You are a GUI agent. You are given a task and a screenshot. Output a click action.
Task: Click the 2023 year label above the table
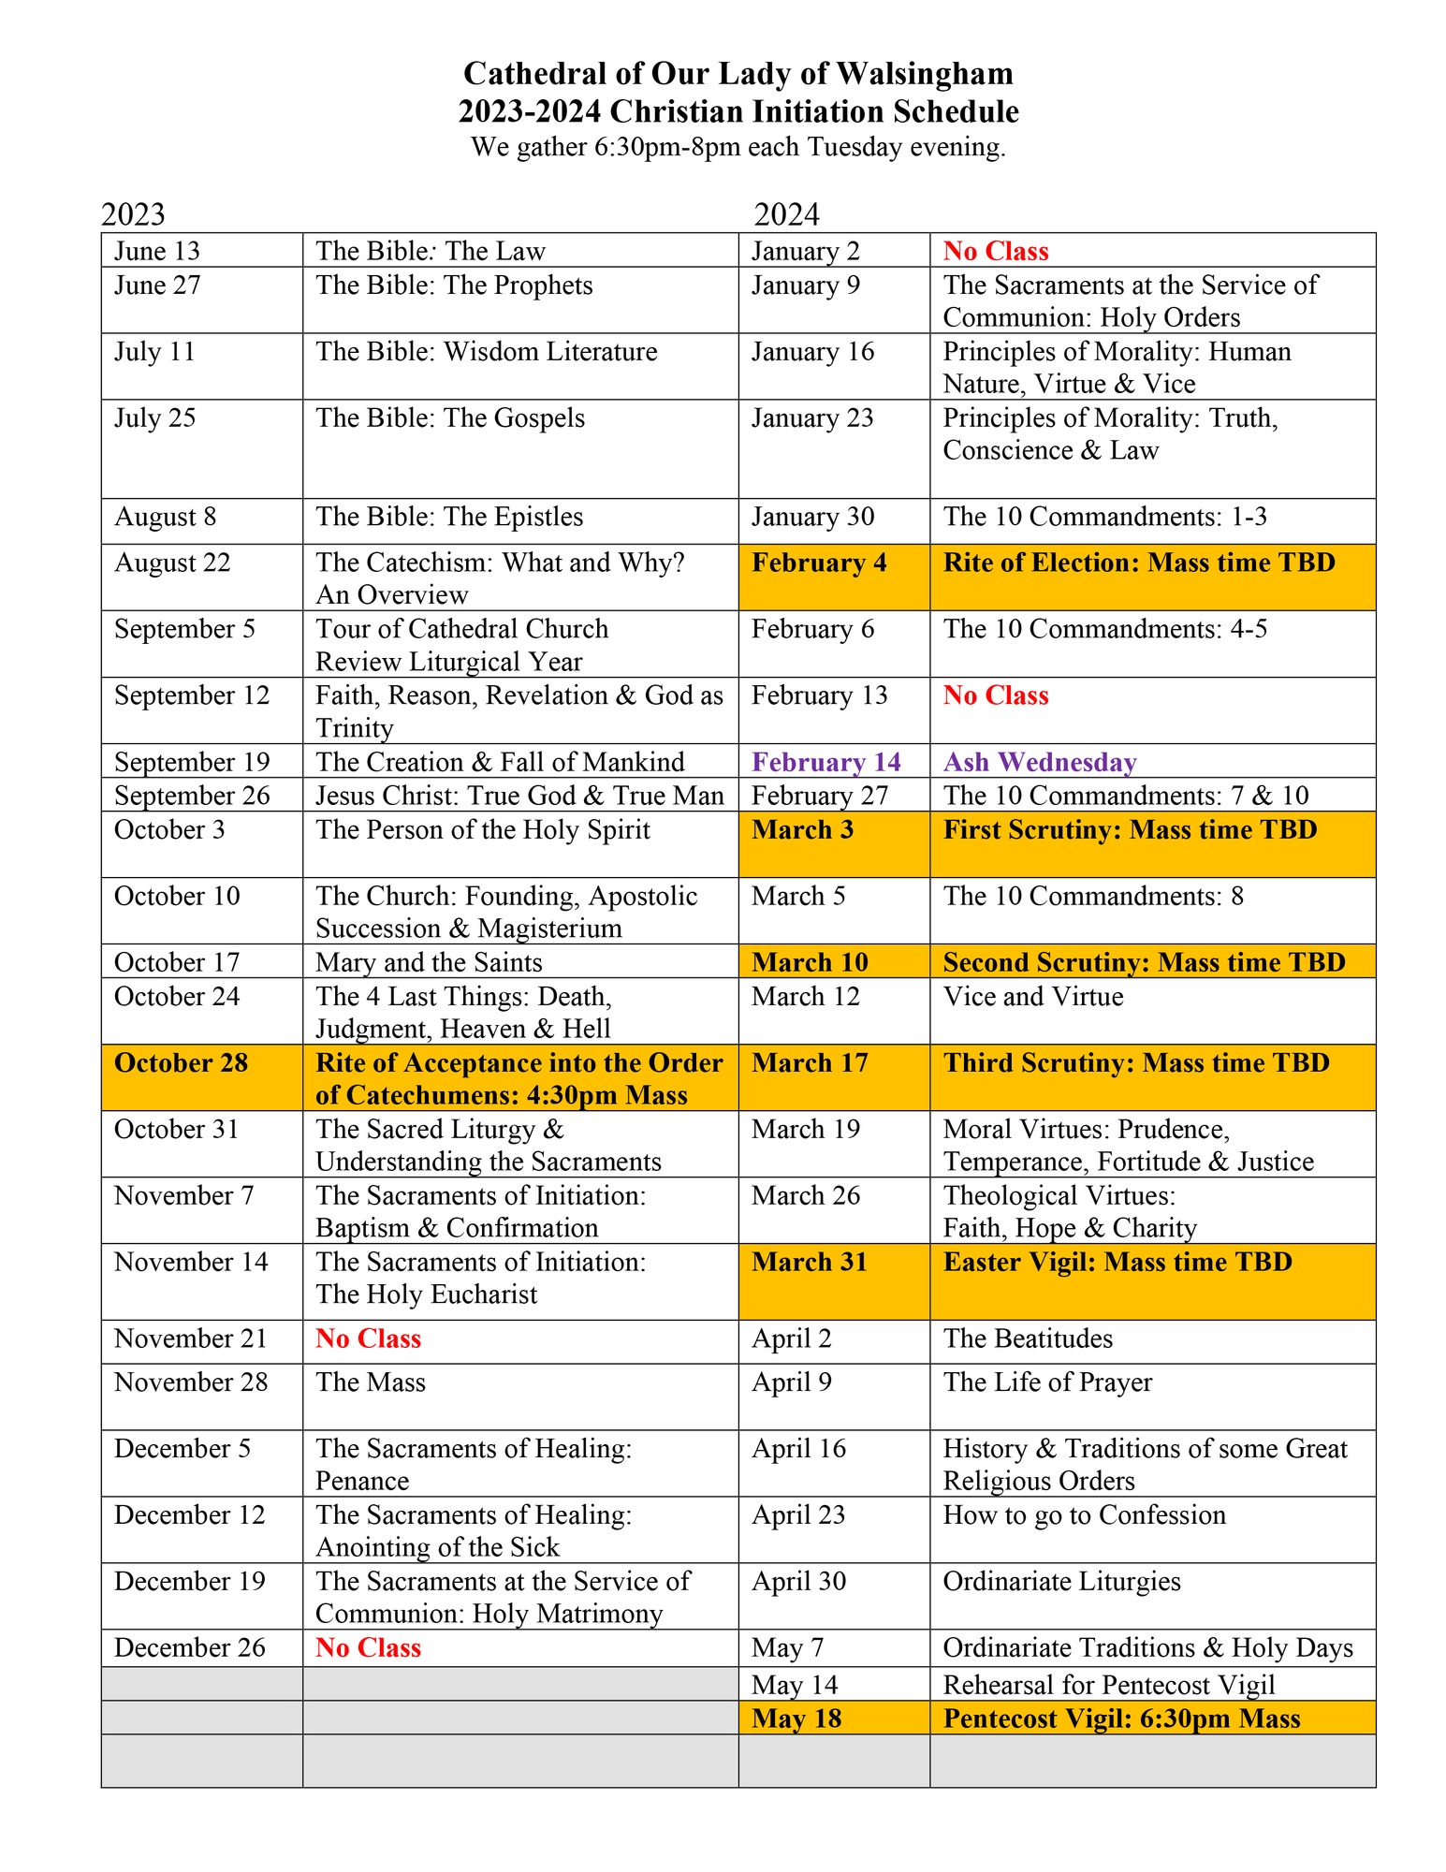click(x=133, y=214)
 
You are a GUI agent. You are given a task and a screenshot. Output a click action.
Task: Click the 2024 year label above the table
click(x=786, y=214)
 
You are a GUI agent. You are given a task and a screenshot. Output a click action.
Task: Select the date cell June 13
click(x=157, y=251)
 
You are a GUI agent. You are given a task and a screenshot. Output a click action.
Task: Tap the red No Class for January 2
click(x=995, y=251)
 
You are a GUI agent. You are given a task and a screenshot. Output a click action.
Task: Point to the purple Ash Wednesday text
click(x=1039, y=762)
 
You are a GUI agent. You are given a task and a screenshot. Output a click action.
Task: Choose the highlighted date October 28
click(x=182, y=1063)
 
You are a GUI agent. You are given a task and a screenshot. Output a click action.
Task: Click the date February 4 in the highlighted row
click(x=819, y=563)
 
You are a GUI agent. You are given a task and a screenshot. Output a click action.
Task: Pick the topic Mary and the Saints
click(x=429, y=962)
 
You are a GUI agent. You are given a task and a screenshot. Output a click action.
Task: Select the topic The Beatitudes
click(x=1028, y=1338)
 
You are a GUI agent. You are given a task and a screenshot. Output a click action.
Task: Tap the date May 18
click(x=796, y=1718)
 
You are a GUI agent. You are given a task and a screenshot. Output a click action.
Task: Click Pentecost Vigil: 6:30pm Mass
click(x=1121, y=1718)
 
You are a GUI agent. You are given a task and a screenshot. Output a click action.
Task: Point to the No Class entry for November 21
click(x=368, y=1338)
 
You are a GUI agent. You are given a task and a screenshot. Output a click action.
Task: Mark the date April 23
click(x=798, y=1514)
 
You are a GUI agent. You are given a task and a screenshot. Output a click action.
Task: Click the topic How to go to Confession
click(x=1084, y=1514)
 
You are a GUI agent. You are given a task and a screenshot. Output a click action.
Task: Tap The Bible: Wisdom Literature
click(x=486, y=352)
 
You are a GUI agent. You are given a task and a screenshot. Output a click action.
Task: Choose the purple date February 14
click(x=825, y=762)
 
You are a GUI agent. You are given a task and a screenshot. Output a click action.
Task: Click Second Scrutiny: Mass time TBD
click(x=1144, y=962)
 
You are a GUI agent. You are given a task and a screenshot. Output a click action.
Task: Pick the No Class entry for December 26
click(x=368, y=1647)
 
